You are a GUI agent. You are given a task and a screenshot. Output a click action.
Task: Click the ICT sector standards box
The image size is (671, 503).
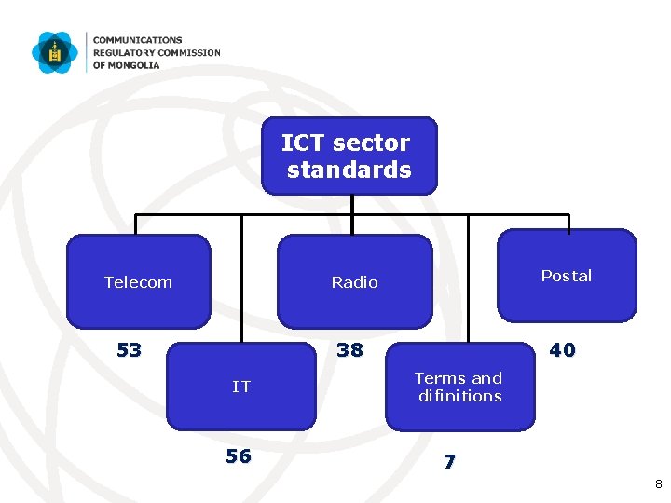click(349, 156)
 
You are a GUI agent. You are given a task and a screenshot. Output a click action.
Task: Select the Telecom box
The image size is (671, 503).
click(139, 281)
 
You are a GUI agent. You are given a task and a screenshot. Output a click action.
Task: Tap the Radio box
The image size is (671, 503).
click(355, 281)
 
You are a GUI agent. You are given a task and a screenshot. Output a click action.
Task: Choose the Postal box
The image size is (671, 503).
click(567, 276)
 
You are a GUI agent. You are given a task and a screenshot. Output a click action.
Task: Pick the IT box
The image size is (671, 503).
click(241, 386)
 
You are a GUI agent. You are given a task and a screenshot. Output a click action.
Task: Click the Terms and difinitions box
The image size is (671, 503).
click(459, 387)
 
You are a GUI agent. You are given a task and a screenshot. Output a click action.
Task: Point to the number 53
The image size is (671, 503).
click(129, 350)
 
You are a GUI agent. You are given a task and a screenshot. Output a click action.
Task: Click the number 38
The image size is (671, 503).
click(349, 350)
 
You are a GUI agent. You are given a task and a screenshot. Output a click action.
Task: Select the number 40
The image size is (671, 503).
click(562, 350)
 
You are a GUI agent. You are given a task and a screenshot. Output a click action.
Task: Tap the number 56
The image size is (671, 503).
click(239, 455)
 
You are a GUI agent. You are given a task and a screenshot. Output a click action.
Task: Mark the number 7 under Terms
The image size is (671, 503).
click(449, 461)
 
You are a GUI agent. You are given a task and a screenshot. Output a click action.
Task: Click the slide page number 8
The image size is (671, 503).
click(658, 484)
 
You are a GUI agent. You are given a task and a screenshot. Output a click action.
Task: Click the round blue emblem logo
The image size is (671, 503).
click(55, 52)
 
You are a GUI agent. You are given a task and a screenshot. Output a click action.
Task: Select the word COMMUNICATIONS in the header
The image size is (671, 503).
click(137, 41)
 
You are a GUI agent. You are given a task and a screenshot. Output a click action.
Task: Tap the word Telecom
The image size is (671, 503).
click(139, 281)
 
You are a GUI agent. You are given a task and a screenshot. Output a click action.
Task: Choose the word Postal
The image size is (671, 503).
click(567, 276)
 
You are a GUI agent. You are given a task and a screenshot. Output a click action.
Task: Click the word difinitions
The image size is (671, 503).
click(459, 396)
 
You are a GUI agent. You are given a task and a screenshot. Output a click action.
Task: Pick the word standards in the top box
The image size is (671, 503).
click(349, 170)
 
